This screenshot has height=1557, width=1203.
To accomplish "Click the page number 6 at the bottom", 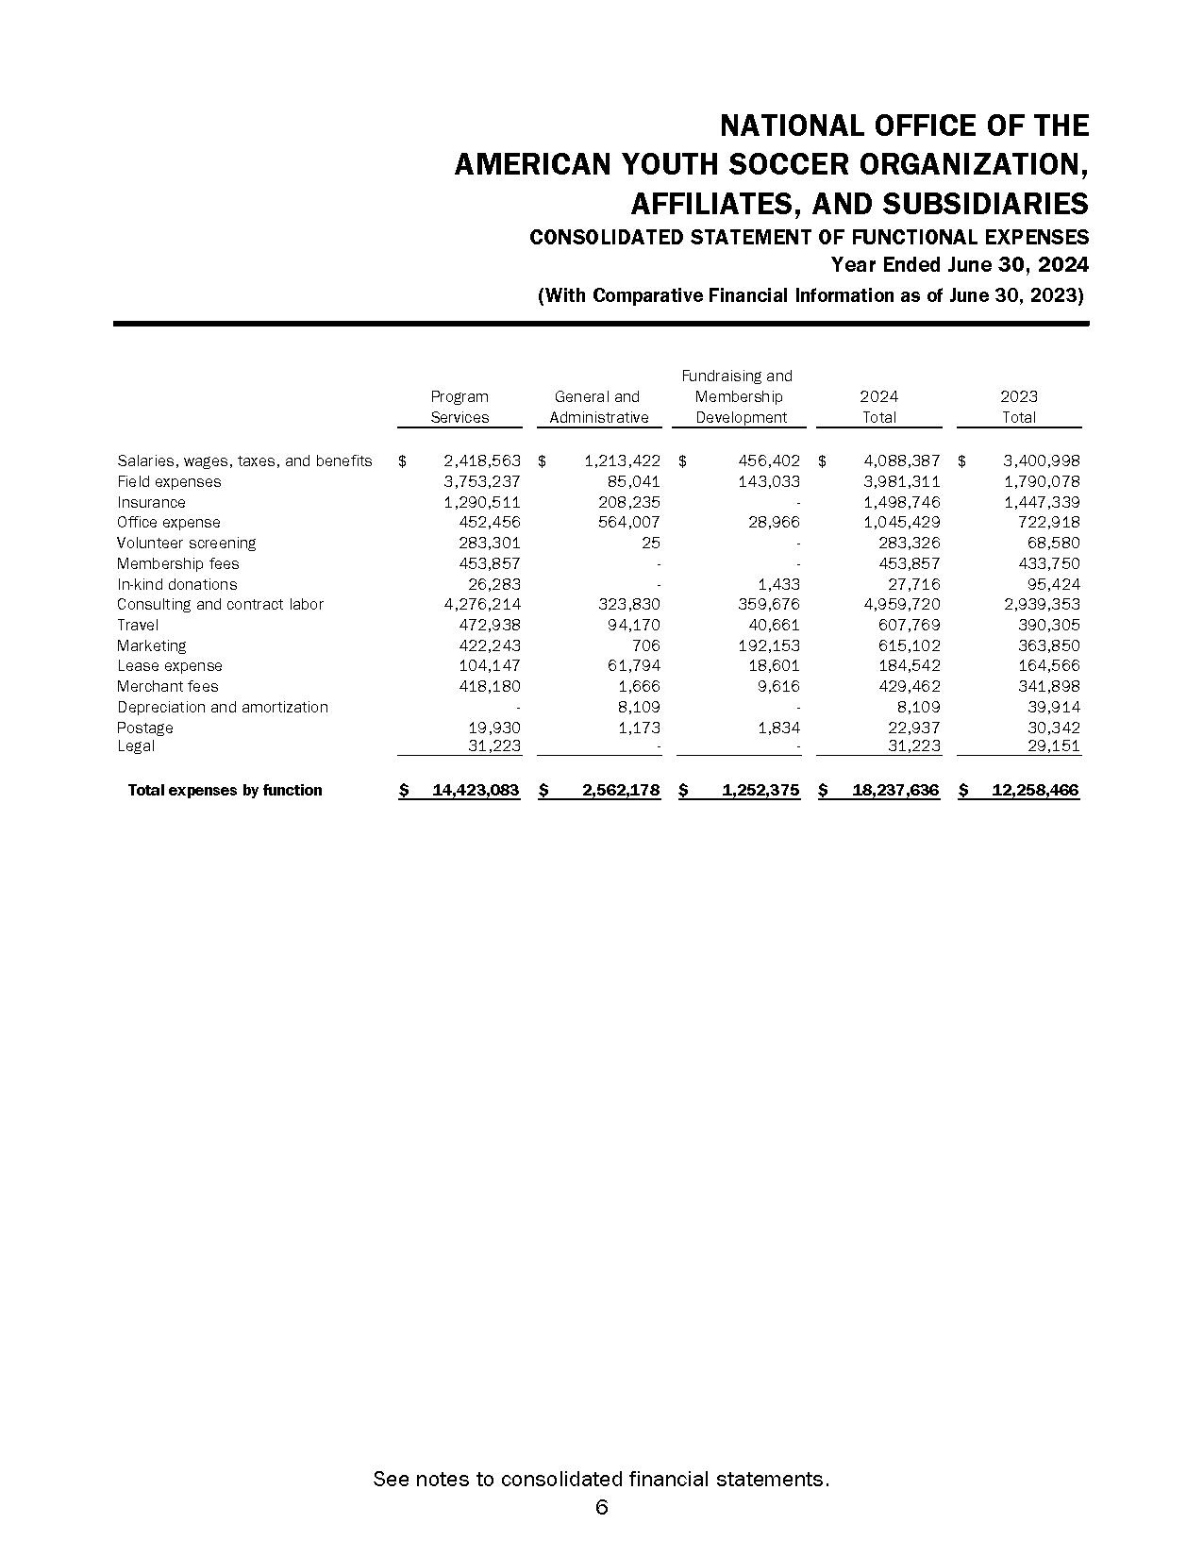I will [601, 1507].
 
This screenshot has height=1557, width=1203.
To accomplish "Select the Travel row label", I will [138, 625].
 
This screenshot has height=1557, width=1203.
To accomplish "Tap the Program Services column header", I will [459, 407].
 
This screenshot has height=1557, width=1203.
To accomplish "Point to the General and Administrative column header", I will [598, 407].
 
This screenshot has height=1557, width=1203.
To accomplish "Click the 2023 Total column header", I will [1018, 407].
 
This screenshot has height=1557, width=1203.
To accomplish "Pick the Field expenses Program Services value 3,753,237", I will [481, 481].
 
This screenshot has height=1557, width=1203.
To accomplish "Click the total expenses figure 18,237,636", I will [895, 790].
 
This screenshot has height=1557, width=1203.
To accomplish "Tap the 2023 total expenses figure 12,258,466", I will [1035, 790].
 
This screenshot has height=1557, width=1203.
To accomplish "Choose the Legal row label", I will [136, 746].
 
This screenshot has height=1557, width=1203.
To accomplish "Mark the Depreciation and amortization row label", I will [223, 707].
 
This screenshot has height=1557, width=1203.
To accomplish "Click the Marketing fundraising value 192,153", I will [768, 645].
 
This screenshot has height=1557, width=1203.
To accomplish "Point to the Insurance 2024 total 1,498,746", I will [902, 502].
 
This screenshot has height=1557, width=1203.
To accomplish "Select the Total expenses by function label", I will [225, 790].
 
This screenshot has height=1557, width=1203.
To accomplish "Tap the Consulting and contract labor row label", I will [220, 604].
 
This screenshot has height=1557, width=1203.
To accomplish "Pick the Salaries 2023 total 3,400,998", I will [1042, 460].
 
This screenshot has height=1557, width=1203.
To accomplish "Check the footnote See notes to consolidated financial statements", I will [601, 1479].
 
